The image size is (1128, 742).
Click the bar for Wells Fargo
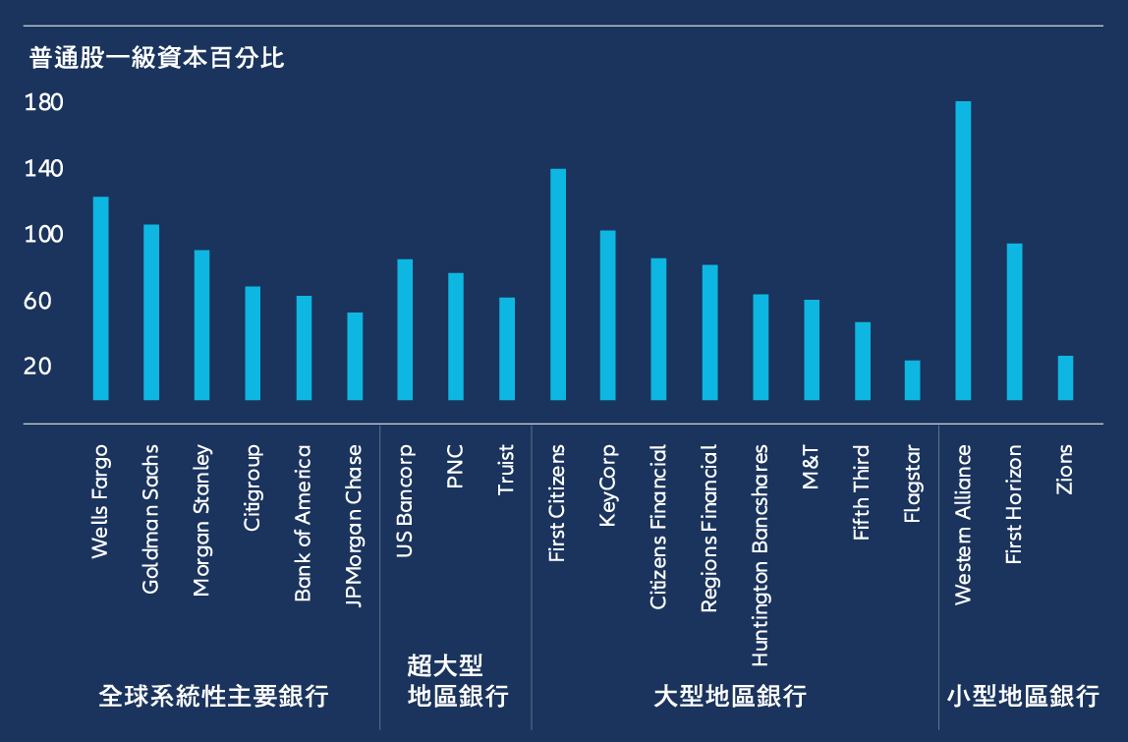(x=100, y=299)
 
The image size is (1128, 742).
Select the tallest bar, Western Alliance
(x=963, y=251)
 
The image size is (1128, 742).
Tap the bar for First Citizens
(x=557, y=285)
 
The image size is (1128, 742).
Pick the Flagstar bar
(x=912, y=380)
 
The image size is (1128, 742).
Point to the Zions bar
(x=1065, y=378)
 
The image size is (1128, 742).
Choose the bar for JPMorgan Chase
(x=355, y=357)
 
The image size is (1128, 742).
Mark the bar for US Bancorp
(x=405, y=330)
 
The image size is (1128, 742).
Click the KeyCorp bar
(x=607, y=315)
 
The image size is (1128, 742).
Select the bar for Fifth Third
(x=862, y=362)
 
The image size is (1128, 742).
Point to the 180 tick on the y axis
(x=43, y=103)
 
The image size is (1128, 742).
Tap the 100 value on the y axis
(x=43, y=235)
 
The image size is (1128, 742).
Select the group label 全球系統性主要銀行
(x=213, y=697)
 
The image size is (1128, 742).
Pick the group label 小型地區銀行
(x=1023, y=697)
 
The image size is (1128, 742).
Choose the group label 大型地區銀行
(x=730, y=697)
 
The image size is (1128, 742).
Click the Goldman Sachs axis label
(x=150, y=519)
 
